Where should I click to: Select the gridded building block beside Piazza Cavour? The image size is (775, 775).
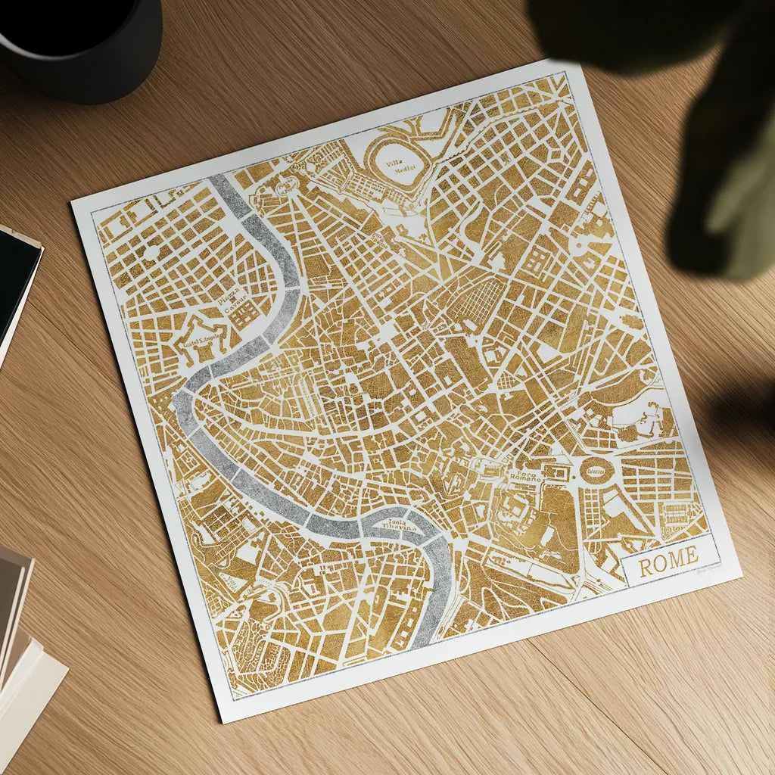[x=244, y=316]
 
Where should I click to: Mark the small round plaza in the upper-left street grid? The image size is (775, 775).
[x=151, y=251]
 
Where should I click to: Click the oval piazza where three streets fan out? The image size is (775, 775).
[x=286, y=184]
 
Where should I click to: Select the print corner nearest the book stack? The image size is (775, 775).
[x=221, y=721]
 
